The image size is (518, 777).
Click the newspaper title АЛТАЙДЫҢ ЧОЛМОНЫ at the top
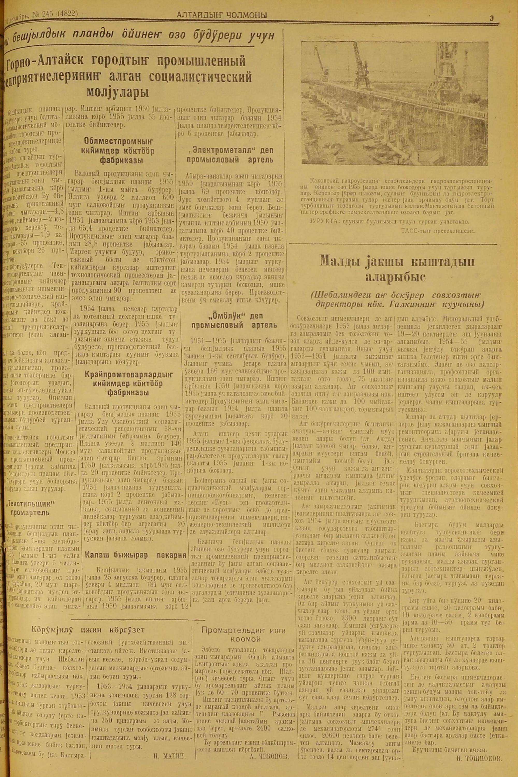pyautogui.click(x=222, y=15)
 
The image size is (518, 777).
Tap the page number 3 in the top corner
pyautogui.click(x=492, y=19)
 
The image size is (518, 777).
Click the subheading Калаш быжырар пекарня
pyautogui.click(x=135, y=555)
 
